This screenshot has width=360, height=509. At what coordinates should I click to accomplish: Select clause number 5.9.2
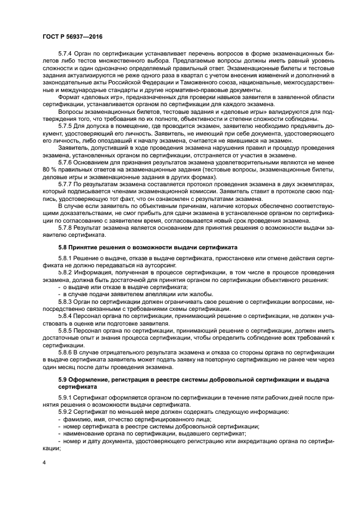pos(66,412)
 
